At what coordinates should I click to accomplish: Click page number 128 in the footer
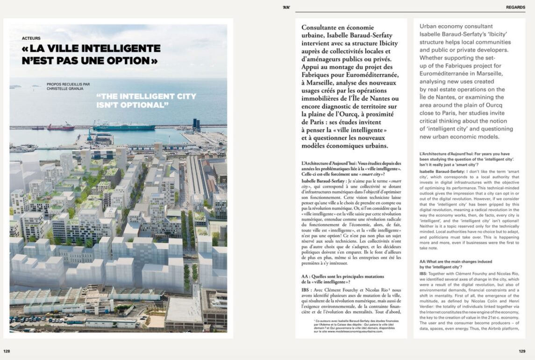(7, 351)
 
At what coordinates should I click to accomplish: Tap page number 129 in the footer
(522, 351)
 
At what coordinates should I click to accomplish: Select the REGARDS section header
(516, 7)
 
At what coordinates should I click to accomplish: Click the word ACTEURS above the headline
(31, 38)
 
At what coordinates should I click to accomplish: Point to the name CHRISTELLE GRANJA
(68, 90)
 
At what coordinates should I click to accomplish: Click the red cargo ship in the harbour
(60, 127)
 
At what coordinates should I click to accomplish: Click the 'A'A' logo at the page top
(286, 7)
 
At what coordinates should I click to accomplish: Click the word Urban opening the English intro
(430, 27)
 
